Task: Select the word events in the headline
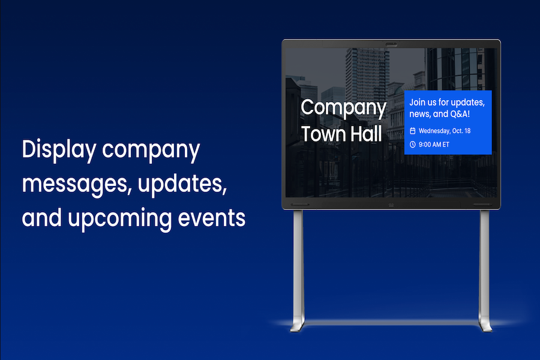click(x=211, y=218)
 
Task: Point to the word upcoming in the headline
click(x=119, y=220)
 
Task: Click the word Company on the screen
click(x=343, y=108)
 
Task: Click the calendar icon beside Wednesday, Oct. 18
click(x=413, y=131)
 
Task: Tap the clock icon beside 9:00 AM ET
click(x=413, y=145)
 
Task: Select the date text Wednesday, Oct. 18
click(x=445, y=131)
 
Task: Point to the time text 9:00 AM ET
click(x=434, y=145)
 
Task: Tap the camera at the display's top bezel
click(x=391, y=44)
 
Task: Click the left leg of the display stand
click(x=298, y=265)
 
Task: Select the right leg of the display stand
click(x=484, y=265)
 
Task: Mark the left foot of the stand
click(x=297, y=325)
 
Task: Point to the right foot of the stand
click(x=485, y=325)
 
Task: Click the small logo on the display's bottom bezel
click(x=391, y=205)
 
